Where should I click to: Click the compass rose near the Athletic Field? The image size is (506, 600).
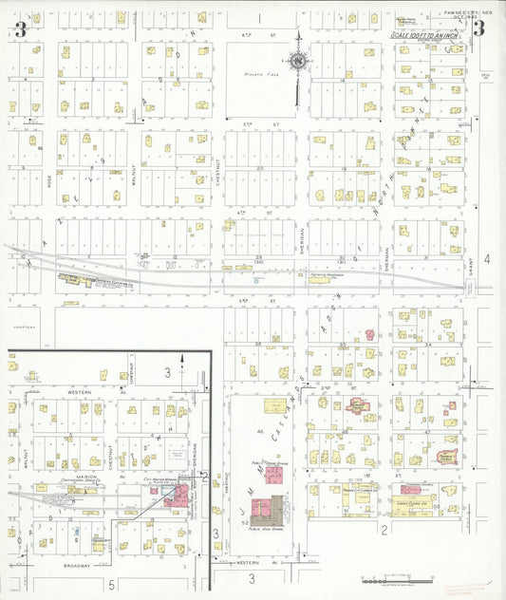[x=297, y=63]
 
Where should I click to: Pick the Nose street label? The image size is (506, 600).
[x=50, y=178]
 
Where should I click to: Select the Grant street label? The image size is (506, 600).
[x=471, y=272]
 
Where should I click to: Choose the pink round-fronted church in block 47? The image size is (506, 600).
[x=443, y=458]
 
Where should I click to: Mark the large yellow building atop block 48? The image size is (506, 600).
[x=274, y=406]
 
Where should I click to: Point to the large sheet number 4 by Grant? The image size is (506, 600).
[x=486, y=258]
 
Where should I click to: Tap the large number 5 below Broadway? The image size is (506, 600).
[x=110, y=583]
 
